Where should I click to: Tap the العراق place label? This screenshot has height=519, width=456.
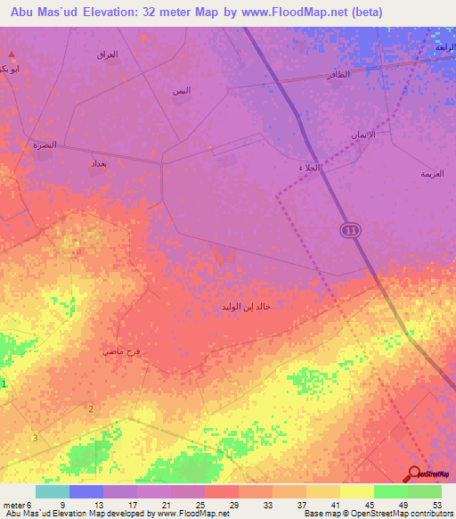[107, 54]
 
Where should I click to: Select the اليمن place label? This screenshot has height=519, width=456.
[182, 91]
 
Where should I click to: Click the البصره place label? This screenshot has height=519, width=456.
[45, 144]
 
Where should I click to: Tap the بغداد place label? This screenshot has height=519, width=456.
[99, 164]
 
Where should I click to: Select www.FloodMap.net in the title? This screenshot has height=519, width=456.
[320, 12]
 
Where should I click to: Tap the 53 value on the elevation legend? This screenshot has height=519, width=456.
[436, 505]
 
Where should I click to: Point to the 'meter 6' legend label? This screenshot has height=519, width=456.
[16, 505]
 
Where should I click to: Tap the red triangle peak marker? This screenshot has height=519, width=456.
[11, 55]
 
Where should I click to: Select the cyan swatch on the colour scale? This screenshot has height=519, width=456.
[53, 491]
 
